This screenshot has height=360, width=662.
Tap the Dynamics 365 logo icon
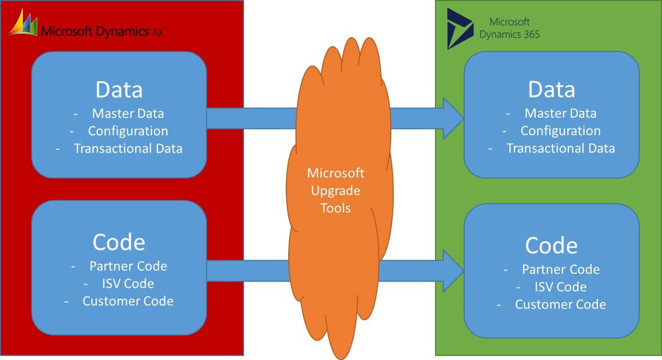(x=459, y=29)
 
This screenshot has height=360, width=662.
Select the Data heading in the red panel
(x=119, y=90)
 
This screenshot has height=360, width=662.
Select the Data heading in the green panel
(x=551, y=90)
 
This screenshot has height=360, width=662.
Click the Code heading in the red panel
(x=119, y=242)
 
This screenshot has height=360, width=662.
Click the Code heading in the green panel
(x=551, y=246)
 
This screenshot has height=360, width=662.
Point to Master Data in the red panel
(x=128, y=113)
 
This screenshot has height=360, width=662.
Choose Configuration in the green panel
(x=560, y=131)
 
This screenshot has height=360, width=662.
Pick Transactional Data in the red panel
(x=128, y=149)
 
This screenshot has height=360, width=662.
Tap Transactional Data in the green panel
(x=560, y=148)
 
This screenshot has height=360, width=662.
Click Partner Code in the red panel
(x=128, y=266)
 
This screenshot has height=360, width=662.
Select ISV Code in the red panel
(x=128, y=284)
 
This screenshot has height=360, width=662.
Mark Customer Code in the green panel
(x=560, y=304)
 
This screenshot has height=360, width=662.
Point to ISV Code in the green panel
(x=560, y=287)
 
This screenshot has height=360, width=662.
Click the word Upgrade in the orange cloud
(x=336, y=191)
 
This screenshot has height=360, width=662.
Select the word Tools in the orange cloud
(x=336, y=208)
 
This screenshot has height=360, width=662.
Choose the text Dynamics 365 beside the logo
(x=509, y=34)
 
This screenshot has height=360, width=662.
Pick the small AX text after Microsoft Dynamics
(x=158, y=32)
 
